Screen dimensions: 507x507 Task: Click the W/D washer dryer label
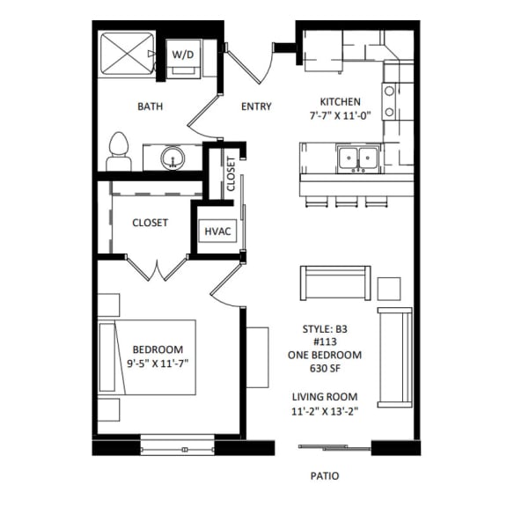coord(182,55)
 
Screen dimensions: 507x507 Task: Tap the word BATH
coord(150,107)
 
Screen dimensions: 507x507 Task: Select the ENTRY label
coord(256,107)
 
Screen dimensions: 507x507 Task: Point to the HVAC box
coord(217,231)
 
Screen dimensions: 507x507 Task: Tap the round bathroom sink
coord(173,158)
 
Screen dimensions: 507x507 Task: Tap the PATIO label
coord(324,475)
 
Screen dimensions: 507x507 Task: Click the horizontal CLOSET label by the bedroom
coord(150,223)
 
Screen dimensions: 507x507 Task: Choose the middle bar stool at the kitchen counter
coord(343,202)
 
